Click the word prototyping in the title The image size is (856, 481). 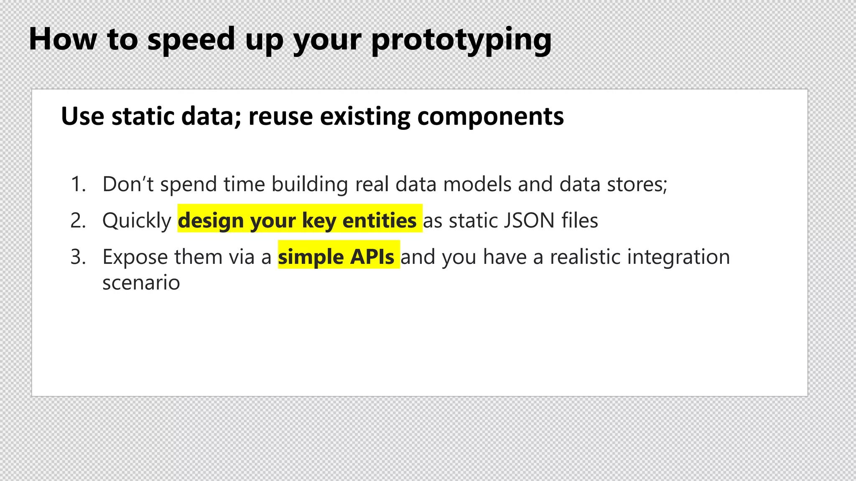click(461, 40)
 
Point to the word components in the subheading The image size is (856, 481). click(490, 117)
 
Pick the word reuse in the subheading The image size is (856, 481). click(280, 116)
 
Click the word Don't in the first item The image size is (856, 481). click(128, 184)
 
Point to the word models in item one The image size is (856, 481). click(477, 184)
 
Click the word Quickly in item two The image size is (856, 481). click(137, 220)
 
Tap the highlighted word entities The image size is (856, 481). click(379, 220)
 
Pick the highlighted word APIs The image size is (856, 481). click(372, 257)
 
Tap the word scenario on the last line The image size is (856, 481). click(141, 283)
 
